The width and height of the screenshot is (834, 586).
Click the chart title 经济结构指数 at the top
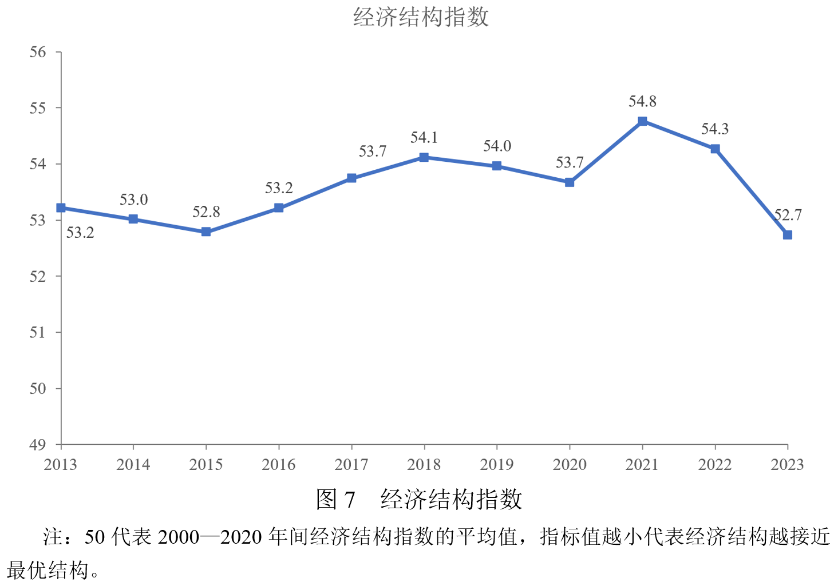pyautogui.click(x=421, y=17)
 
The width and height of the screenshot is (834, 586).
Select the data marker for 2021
pyautogui.click(x=642, y=121)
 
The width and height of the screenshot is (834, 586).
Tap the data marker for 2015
pyautogui.click(x=206, y=232)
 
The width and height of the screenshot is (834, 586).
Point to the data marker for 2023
pyautogui.click(x=788, y=235)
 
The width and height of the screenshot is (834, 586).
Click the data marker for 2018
pyautogui.click(x=424, y=157)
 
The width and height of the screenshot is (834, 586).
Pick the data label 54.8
pyautogui.click(x=642, y=102)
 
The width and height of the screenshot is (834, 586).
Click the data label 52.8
pyautogui.click(x=206, y=212)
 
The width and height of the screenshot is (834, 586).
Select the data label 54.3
pyautogui.click(x=715, y=129)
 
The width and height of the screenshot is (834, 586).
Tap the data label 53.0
pyautogui.click(x=133, y=200)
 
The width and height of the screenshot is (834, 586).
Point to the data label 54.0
pyautogui.click(x=497, y=146)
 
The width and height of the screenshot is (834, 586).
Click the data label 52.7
pyautogui.click(x=788, y=216)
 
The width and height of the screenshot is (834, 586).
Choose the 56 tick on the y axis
pyautogui.click(x=38, y=53)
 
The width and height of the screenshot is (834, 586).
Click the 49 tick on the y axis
pyautogui.click(x=38, y=445)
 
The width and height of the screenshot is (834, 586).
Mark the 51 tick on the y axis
pyautogui.click(x=38, y=333)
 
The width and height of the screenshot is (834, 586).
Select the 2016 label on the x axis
pyautogui.click(x=279, y=465)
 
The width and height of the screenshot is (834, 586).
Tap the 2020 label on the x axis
pyautogui.click(x=570, y=465)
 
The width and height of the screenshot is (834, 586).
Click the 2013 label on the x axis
pyautogui.click(x=61, y=465)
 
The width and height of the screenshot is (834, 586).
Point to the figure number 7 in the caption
pyautogui.click(x=349, y=500)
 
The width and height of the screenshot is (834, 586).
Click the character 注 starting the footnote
pyautogui.click(x=53, y=537)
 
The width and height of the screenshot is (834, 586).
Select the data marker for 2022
pyautogui.click(x=715, y=149)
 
